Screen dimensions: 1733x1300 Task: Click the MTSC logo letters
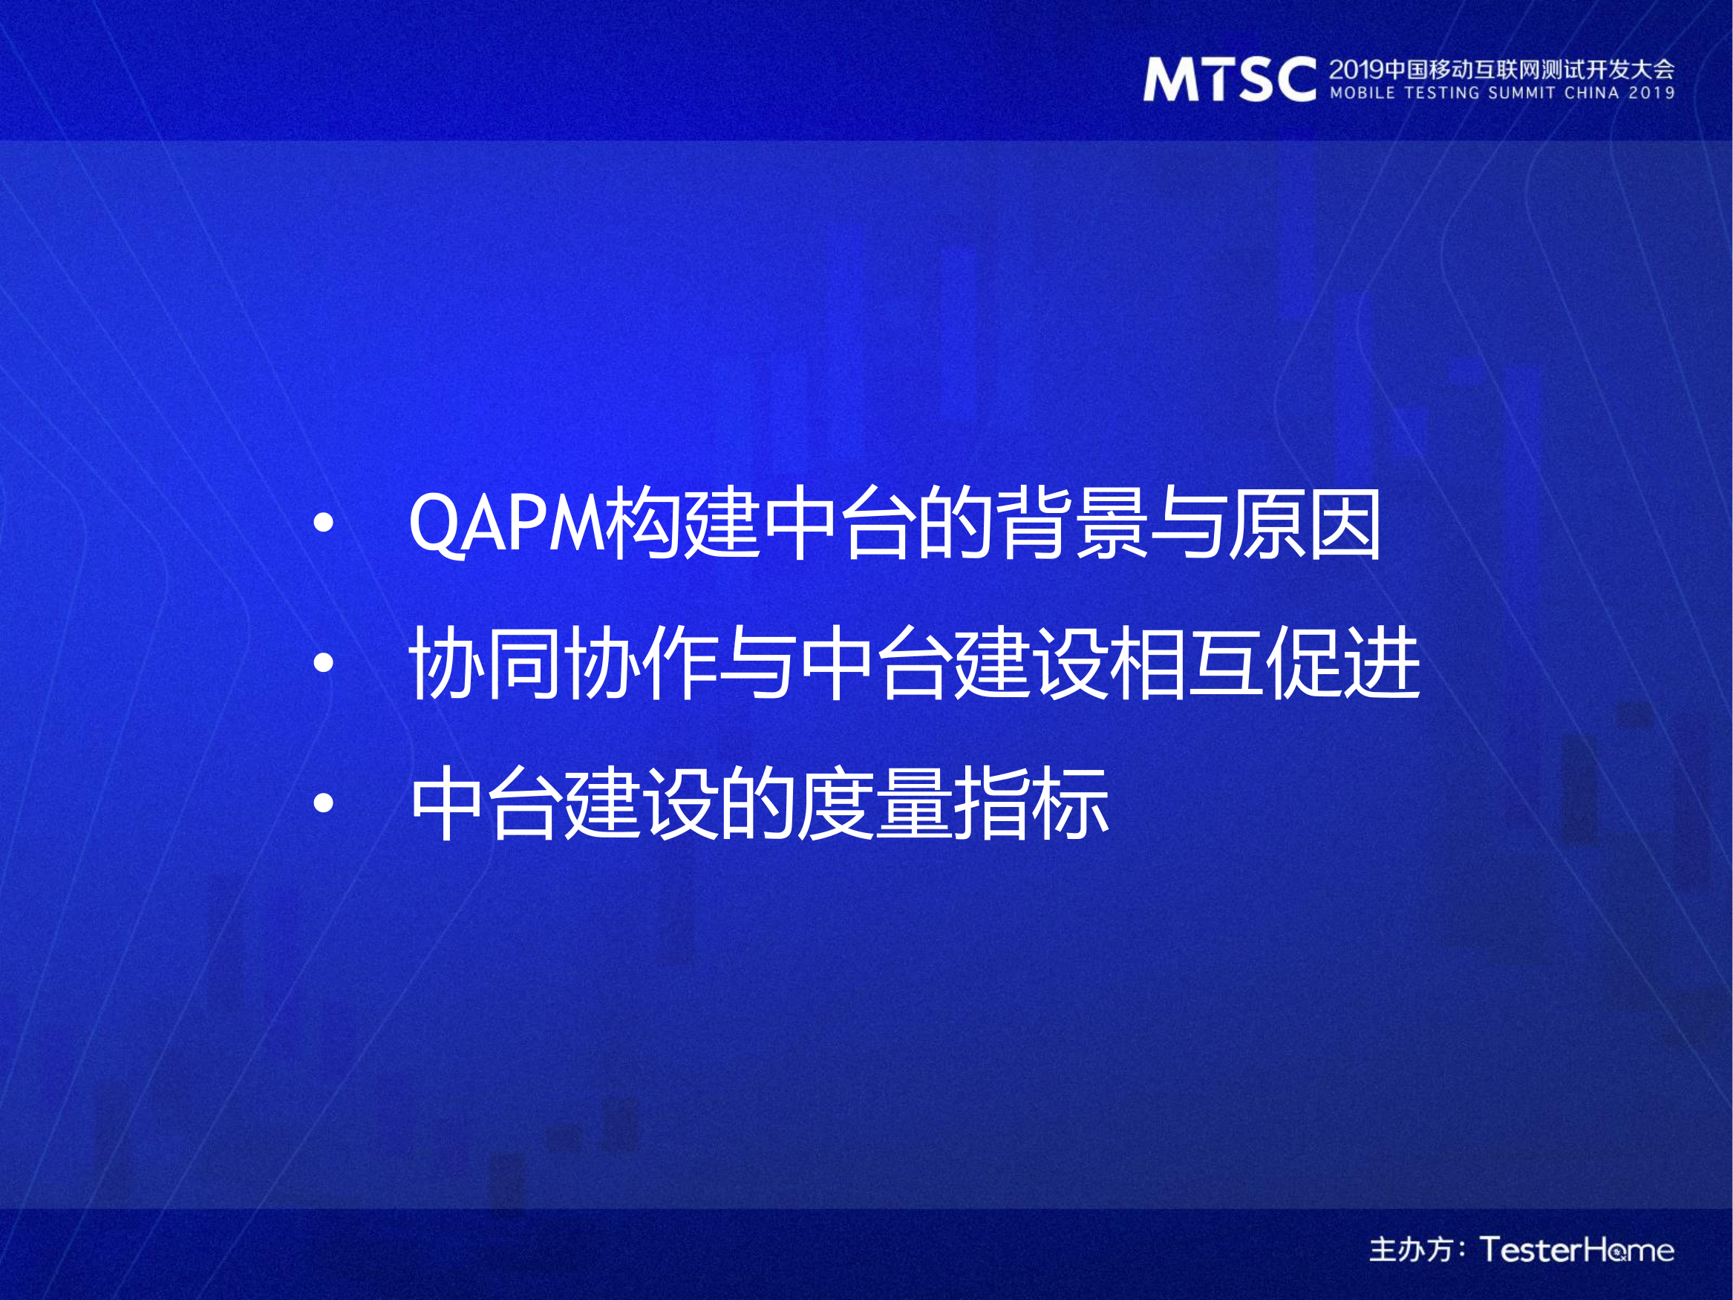[x=1230, y=79]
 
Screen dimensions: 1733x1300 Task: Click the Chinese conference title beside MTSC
[x=1502, y=70]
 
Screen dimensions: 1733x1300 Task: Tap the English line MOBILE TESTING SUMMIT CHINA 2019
[x=1503, y=94]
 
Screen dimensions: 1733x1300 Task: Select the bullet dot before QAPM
[x=324, y=523]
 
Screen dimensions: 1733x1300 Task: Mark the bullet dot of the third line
[x=324, y=803]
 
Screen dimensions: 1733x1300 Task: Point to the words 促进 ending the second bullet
[x=1345, y=663]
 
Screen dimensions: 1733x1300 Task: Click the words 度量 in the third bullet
[x=876, y=803]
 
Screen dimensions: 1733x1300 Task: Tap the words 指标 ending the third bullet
[x=1032, y=803]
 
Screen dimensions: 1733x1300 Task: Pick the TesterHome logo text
[x=1577, y=1250]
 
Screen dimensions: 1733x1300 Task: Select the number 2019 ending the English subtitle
[x=1651, y=94]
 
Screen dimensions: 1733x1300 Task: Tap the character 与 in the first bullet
[x=1190, y=523]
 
